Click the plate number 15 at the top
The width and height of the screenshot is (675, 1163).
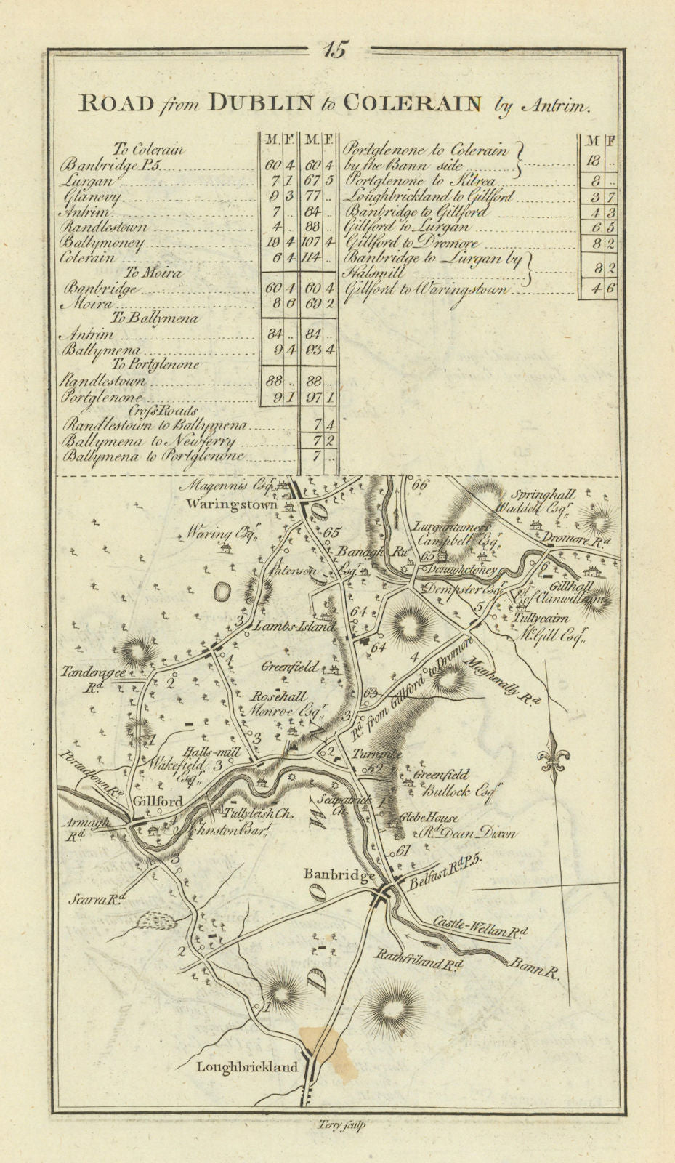tap(337, 50)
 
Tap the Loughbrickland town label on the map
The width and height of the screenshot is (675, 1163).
tap(247, 1067)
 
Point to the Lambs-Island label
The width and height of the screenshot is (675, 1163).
tap(294, 626)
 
